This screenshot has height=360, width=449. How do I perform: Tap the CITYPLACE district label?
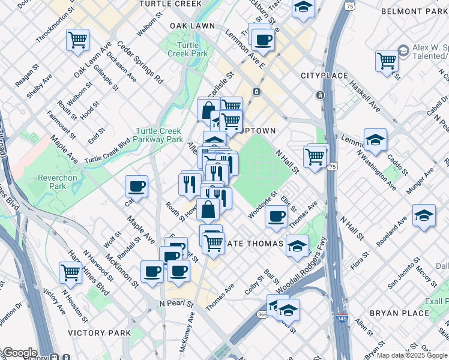click(x=324, y=76)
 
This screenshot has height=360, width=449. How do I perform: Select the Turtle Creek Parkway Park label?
click(x=159, y=135)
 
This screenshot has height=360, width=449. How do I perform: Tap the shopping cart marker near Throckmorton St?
click(x=78, y=40)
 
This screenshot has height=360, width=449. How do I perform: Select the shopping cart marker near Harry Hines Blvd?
click(x=71, y=272)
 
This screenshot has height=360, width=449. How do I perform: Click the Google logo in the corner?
click(x=19, y=353)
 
